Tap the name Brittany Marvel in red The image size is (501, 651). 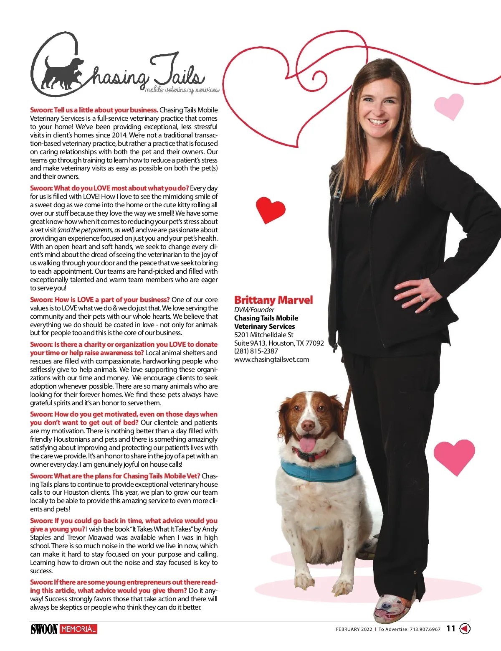[x=273, y=300]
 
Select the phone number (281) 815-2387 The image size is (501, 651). [x=256, y=351]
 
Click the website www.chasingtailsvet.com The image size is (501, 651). [x=272, y=359]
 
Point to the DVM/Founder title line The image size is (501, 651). [x=254, y=310]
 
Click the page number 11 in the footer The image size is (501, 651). [x=451, y=628]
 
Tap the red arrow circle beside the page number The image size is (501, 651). [x=465, y=628]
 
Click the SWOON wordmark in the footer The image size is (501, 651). [x=44, y=629]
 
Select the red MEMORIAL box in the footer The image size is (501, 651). [x=78, y=629]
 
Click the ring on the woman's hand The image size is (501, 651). [x=422, y=298]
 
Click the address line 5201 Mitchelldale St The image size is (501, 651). [x=264, y=335]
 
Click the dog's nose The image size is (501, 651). [x=308, y=425]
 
